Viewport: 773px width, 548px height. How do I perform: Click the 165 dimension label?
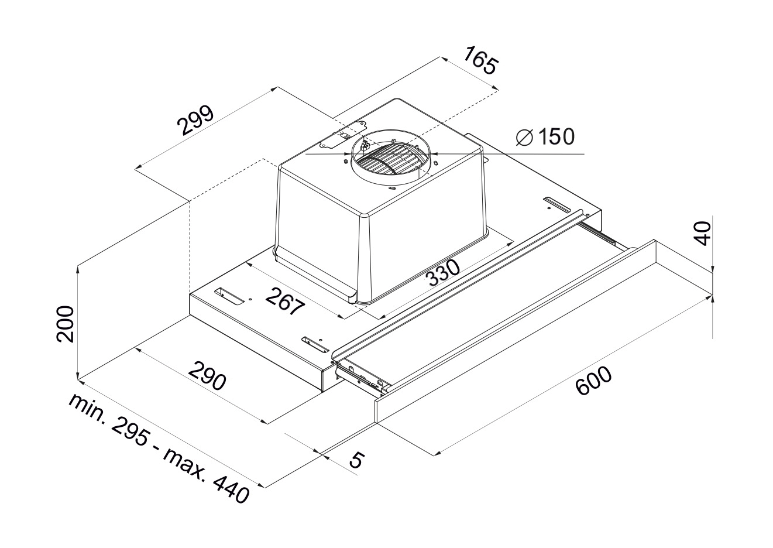click(480, 61)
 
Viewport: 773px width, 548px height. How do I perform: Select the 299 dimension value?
click(195, 121)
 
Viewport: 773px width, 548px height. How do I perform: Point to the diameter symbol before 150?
click(525, 138)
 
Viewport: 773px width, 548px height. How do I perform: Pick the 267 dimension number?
click(286, 301)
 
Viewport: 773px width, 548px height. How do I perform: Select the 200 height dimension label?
click(65, 324)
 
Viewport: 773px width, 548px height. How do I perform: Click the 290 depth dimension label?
click(207, 375)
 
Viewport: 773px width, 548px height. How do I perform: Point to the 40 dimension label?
click(702, 234)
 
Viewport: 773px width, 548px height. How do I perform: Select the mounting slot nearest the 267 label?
click(229, 297)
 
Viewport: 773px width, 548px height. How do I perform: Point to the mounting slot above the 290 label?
click(315, 345)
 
